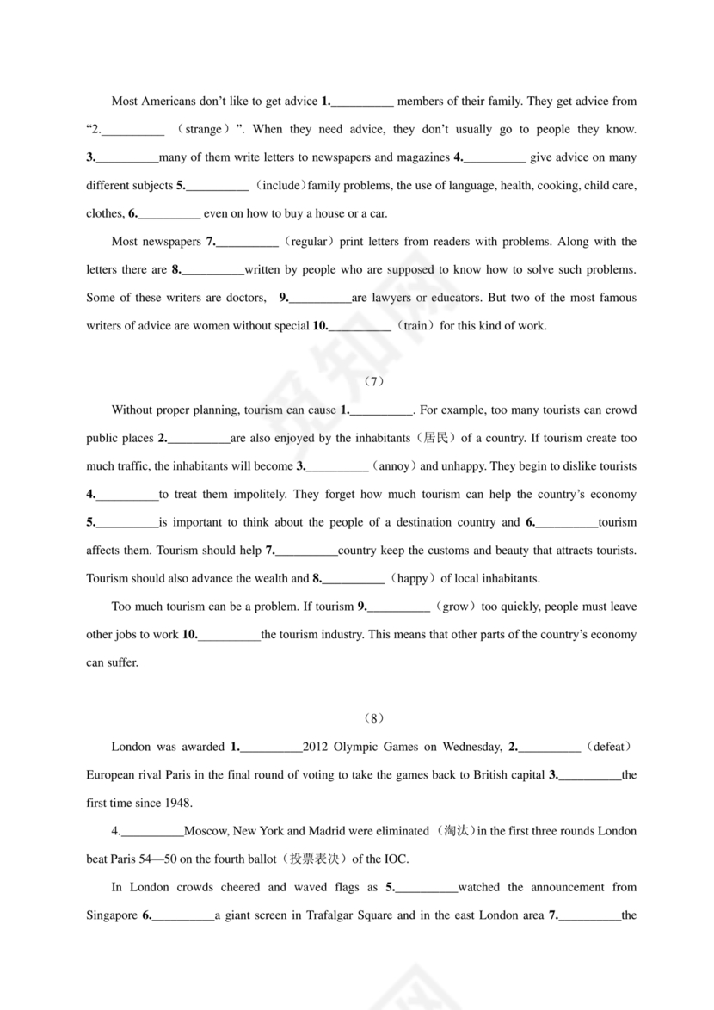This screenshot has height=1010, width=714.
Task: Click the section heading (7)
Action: (373, 382)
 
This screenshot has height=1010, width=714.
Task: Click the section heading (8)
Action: (373, 718)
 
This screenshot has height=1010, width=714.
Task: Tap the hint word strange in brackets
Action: (204, 130)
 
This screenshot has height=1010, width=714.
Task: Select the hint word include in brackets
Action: (281, 186)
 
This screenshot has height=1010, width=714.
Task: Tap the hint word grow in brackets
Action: (456, 607)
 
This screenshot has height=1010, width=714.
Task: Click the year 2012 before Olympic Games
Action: (316, 747)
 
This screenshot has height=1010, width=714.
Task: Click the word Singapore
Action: (112, 915)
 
